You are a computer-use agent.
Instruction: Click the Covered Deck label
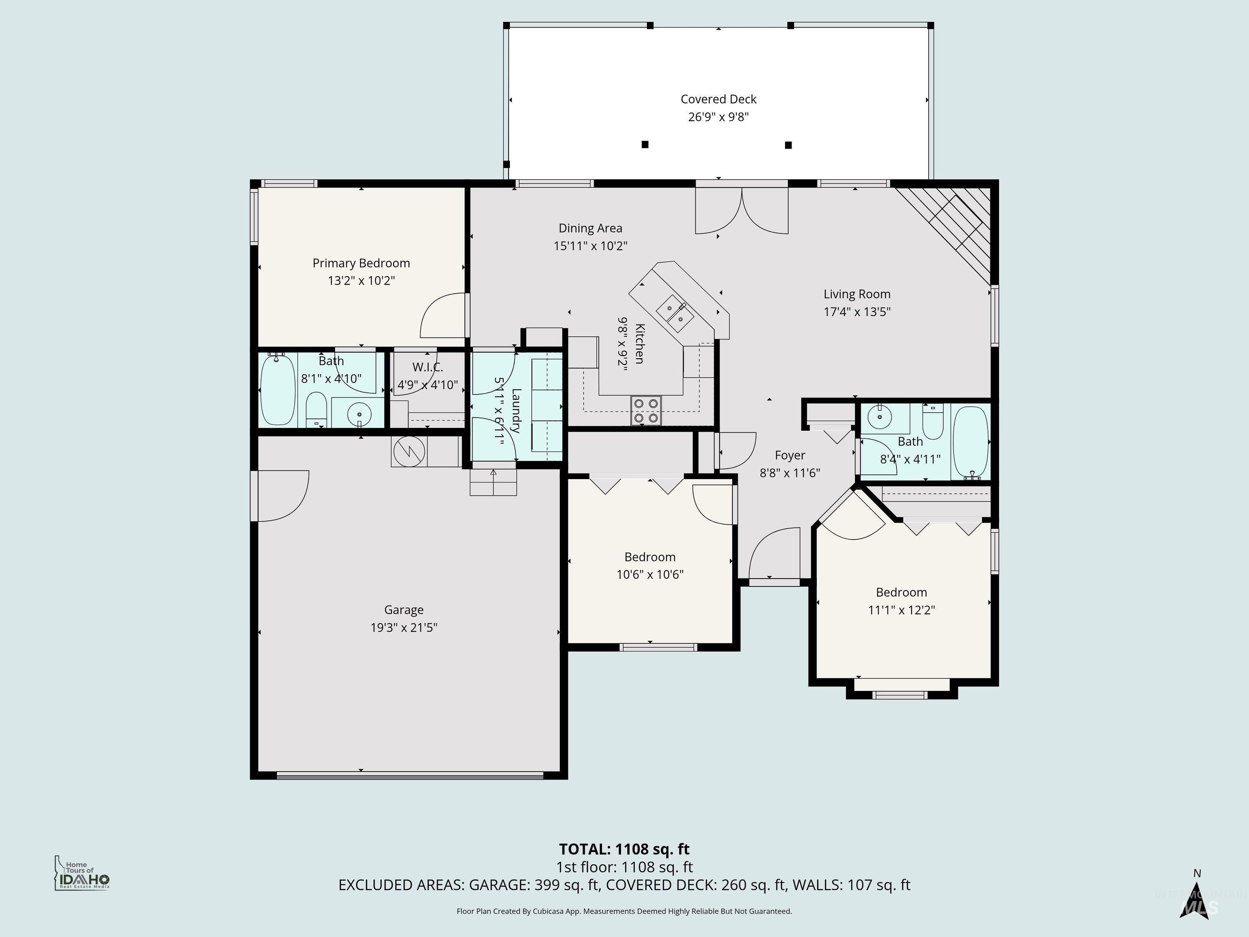[x=718, y=99]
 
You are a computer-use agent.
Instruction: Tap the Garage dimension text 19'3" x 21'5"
[x=404, y=628]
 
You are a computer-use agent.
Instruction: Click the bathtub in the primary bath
[x=277, y=390]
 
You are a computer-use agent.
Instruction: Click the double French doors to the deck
[x=741, y=211]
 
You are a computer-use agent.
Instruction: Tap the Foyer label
[x=790, y=455]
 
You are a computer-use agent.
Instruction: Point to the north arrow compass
[x=1196, y=898]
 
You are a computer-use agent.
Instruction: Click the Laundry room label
[x=516, y=411]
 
